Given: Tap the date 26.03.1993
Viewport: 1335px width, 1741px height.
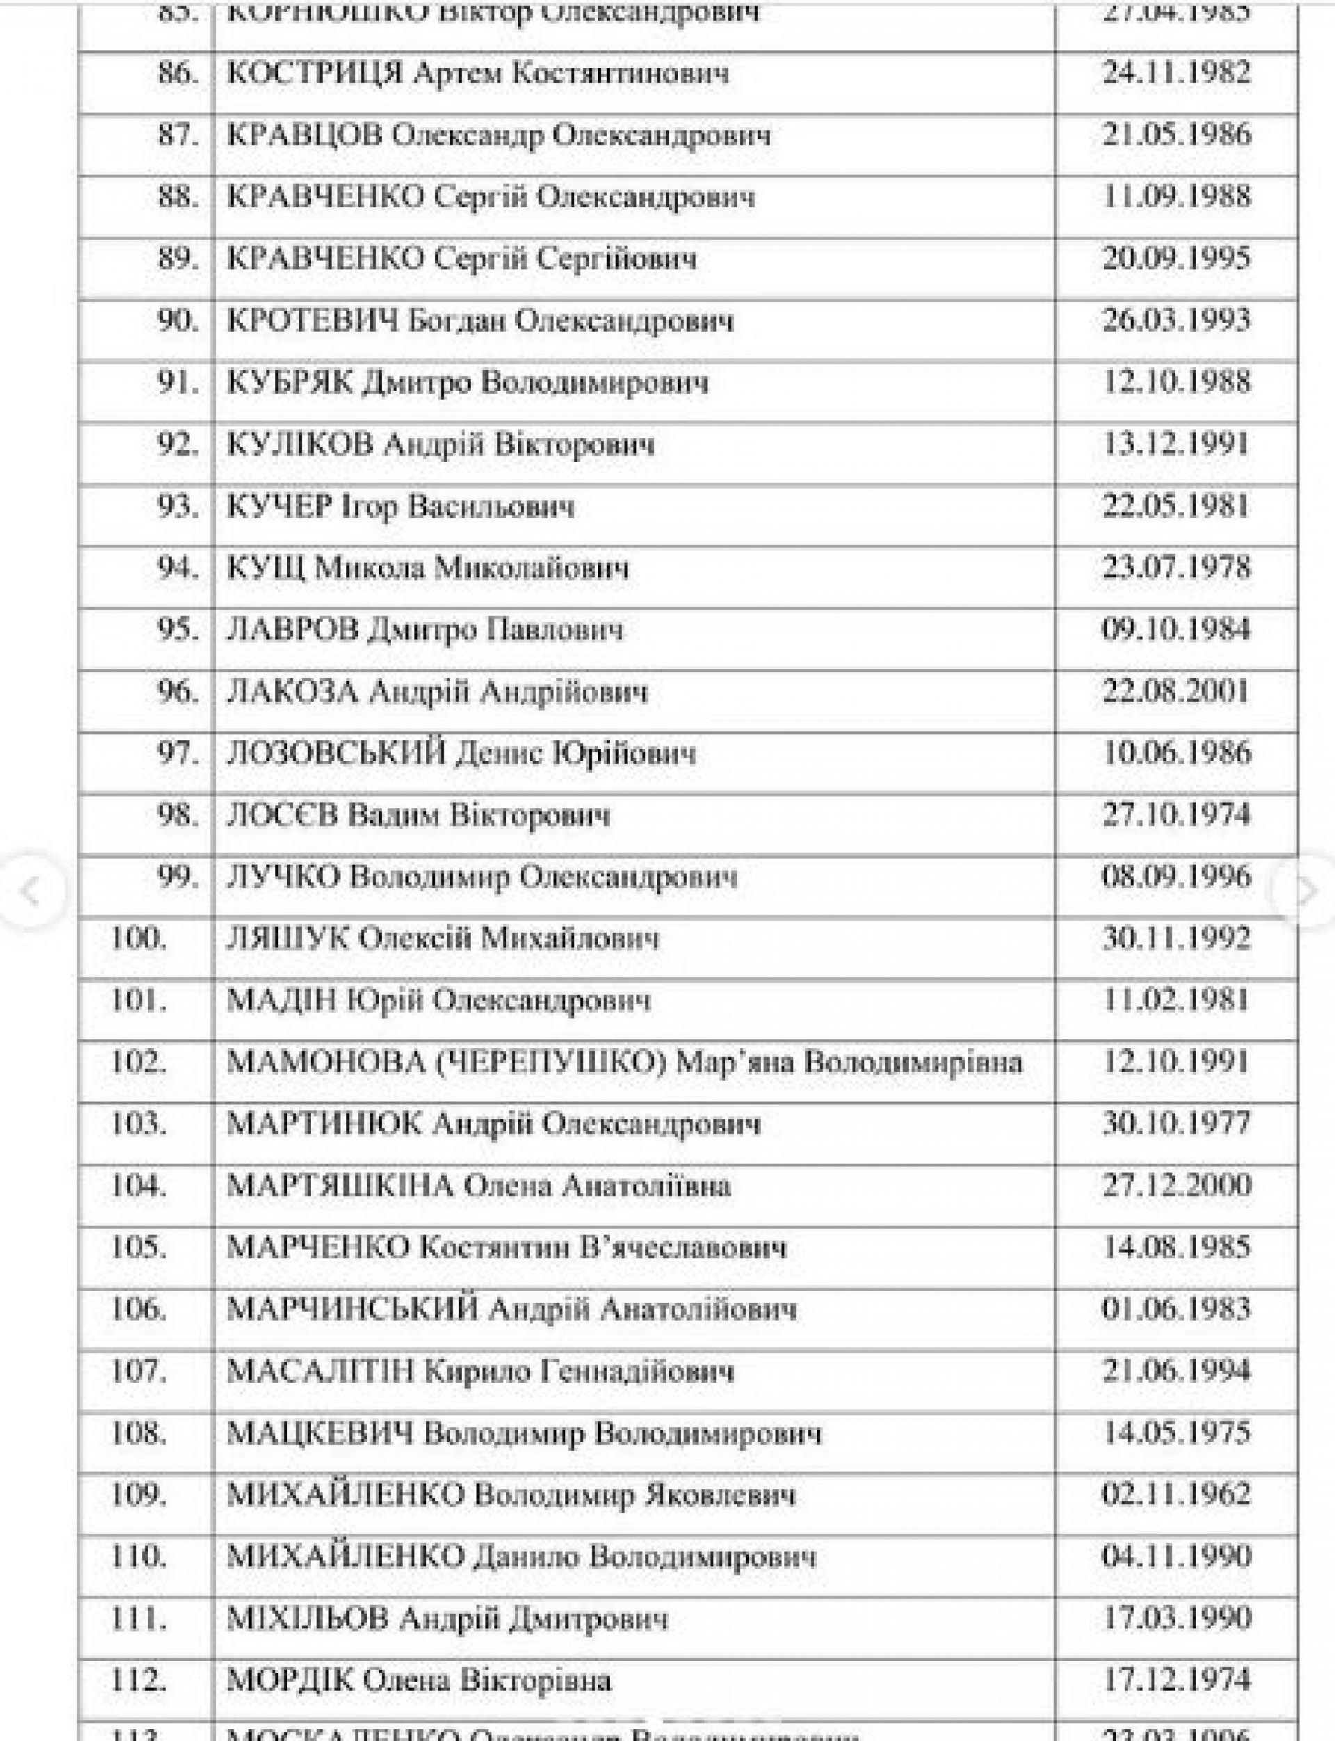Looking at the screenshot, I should (x=1176, y=321).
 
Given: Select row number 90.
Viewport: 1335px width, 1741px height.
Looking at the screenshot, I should (x=177, y=321).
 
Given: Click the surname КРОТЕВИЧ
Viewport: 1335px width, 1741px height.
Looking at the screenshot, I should (x=311, y=321).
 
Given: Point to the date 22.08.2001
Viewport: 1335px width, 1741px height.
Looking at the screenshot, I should (x=1176, y=691).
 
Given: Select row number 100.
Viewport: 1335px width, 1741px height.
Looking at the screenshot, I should (x=138, y=939).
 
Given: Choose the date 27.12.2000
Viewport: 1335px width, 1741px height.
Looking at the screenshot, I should (x=1176, y=1185).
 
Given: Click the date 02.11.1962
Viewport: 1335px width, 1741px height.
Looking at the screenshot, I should (x=1176, y=1494).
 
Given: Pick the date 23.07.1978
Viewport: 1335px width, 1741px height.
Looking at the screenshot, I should (x=1176, y=568).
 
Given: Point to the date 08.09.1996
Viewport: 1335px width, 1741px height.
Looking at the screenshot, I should (x=1176, y=877).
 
